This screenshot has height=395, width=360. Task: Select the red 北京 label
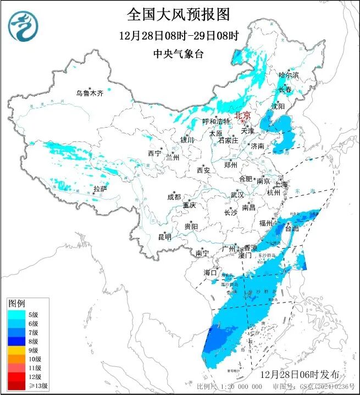pos(242,115)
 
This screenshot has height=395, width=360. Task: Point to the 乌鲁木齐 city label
pos(90,94)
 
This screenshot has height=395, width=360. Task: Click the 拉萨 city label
pos(100,189)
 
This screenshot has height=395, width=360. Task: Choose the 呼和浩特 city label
pos(216,121)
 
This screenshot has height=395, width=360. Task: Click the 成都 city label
pos(174,197)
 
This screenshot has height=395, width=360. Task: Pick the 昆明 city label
pos(164,237)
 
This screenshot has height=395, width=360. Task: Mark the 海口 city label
pos(211,272)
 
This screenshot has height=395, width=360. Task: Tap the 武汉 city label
pos(237,195)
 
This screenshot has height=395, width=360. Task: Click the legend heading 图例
pos(16,303)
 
